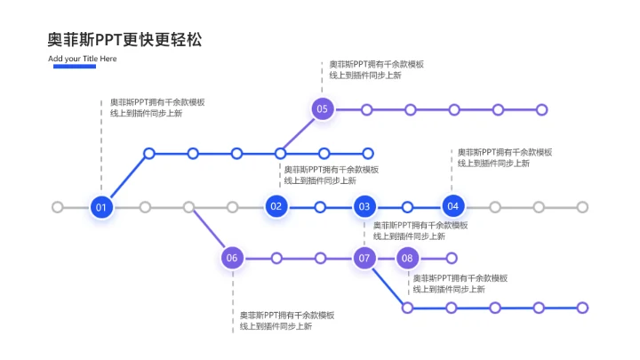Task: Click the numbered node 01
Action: (101, 207)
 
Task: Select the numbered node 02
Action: (276, 207)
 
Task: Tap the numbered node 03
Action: (364, 207)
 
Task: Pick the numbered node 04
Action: (452, 207)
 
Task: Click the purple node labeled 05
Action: (322, 109)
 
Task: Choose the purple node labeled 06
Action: (232, 258)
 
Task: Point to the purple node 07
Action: (364, 258)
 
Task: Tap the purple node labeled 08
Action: (407, 258)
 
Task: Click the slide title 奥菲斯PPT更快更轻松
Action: (124, 40)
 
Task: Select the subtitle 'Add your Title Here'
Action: (82, 59)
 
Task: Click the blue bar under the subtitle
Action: (74, 66)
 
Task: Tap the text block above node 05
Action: (376, 69)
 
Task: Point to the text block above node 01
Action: (156, 108)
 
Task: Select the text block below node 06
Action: (287, 320)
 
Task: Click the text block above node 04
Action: (504, 157)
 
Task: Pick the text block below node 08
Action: (460, 283)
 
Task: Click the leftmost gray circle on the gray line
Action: (58, 207)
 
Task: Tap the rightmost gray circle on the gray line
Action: (582, 207)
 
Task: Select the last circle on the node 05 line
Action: (542, 109)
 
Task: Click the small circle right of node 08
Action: (451, 258)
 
